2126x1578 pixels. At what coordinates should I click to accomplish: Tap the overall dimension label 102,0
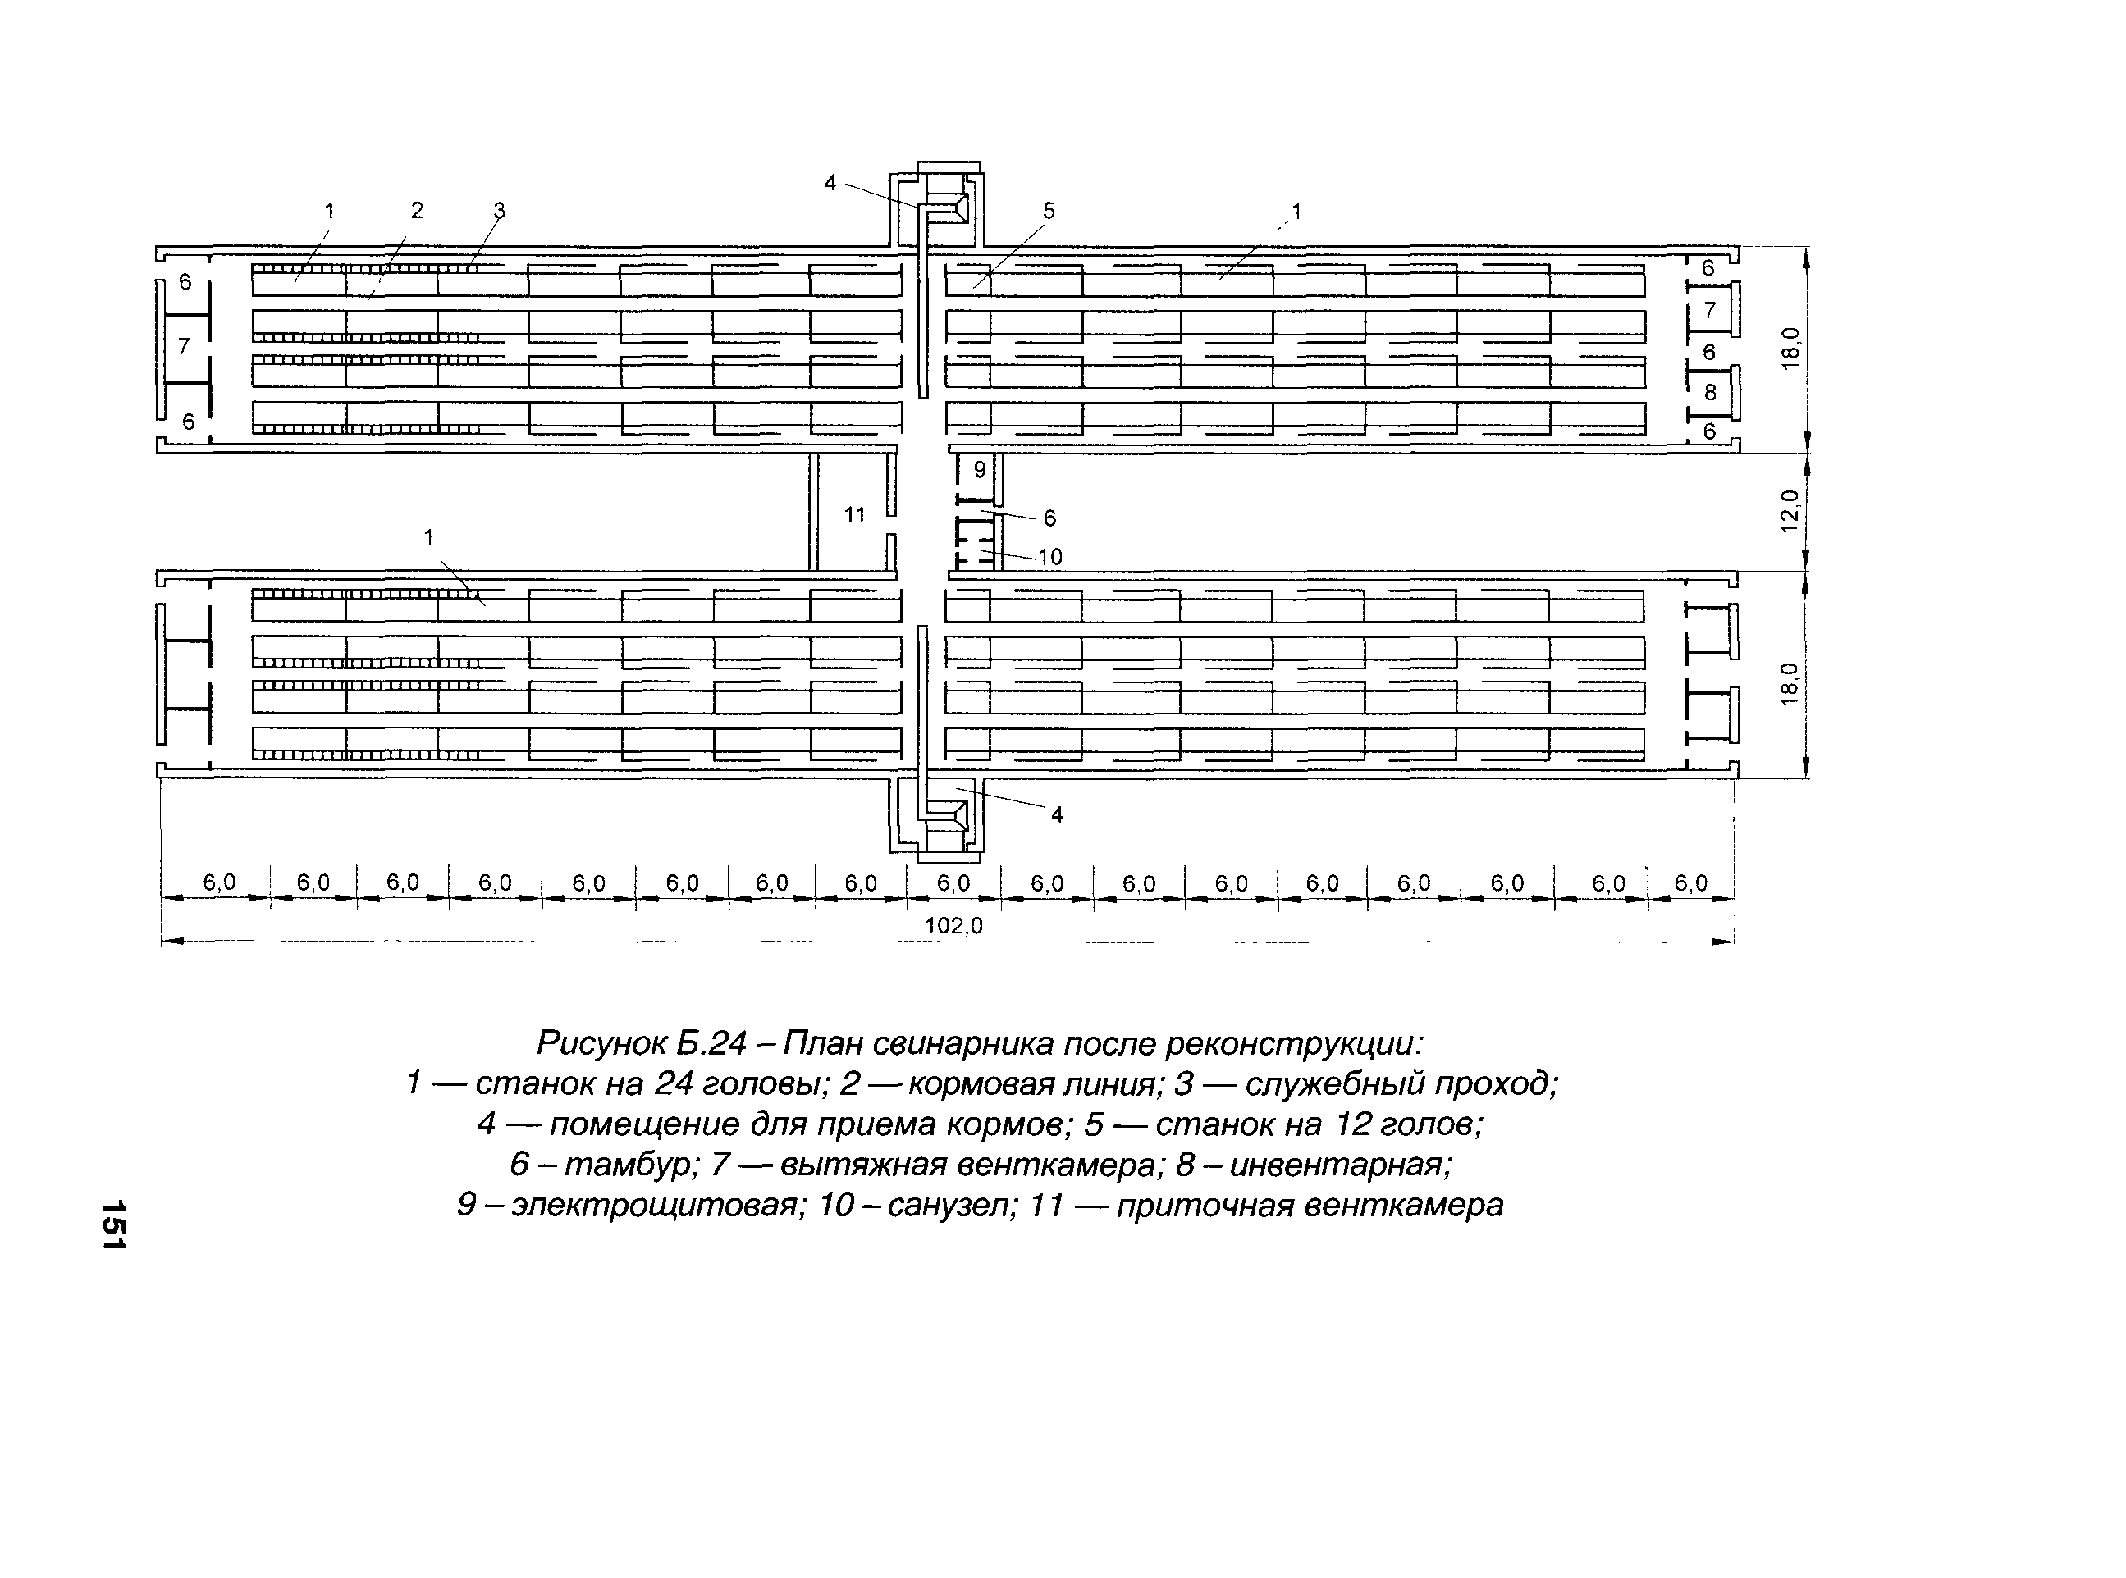(x=953, y=926)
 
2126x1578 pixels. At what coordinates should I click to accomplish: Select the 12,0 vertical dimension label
(x=1790, y=511)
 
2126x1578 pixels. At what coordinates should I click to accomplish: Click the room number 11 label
(x=854, y=516)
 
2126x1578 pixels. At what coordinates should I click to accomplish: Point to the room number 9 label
(x=980, y=470)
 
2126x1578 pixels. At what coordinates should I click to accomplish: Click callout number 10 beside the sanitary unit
(x=1049, y=557)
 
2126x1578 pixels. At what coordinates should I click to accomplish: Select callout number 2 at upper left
(x=417, y=210)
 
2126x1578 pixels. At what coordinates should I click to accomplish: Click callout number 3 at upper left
(x=499, y=210)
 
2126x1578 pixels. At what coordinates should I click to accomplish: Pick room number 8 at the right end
(x=1709, y=393)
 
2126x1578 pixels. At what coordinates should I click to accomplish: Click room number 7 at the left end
(x=185, y=347)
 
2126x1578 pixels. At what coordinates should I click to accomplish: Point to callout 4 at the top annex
(x=830, y=182)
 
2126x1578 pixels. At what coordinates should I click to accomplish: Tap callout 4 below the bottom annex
(x=1057, y=814)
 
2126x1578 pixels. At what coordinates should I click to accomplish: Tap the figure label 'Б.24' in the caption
(x=711, y=1043)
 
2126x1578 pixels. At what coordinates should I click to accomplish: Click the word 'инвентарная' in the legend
(x=1340, y=1165)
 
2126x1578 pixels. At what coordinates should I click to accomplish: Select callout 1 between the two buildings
(x=429, y=538)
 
